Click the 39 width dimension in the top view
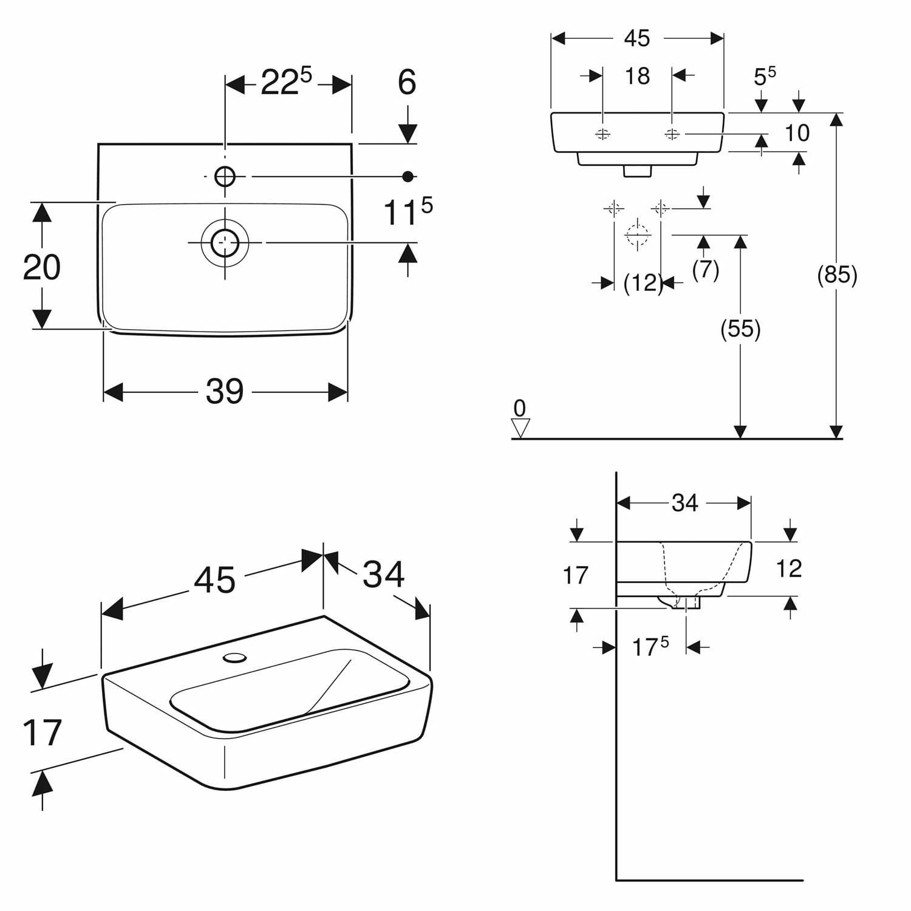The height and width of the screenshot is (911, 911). click(225, 391)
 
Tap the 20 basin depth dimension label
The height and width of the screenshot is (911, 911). click(42, 267)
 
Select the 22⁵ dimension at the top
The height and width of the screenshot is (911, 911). click(286, 82)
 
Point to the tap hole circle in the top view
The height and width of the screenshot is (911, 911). click(225, 177)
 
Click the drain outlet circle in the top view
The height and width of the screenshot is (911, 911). click(225, 242)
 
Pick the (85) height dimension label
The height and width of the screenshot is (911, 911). click(837, 275)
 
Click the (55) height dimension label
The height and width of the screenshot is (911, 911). click(740, 329)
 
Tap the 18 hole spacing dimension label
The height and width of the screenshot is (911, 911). click(637, 76)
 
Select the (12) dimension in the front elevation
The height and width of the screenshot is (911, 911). click(643, 283)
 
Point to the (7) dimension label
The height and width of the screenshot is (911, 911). click(706, 268)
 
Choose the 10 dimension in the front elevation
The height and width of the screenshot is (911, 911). click(797, 132)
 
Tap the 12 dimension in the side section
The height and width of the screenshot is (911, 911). click(789, 568)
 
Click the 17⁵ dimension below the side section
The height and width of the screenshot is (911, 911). click(650, 647)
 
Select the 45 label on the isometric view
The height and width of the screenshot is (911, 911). click(214, 580)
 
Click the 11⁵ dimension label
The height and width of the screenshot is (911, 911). click(408, 211)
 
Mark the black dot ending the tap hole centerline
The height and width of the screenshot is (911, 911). click(408, 177)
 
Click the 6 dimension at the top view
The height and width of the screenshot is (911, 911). click(407, 82)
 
